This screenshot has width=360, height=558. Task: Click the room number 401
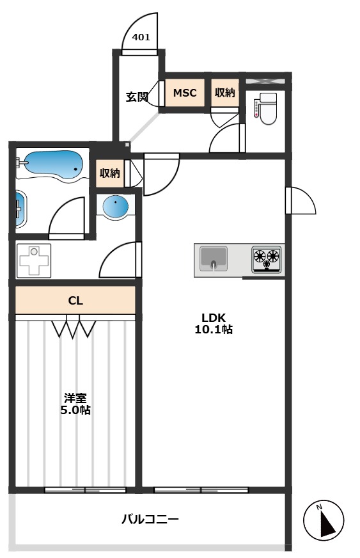[141, 37]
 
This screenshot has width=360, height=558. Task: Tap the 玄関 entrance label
[136, 97]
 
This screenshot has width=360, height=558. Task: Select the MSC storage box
[185, 93]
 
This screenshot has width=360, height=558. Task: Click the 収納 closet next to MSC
[225, 93]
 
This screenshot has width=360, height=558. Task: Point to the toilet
[266, 108]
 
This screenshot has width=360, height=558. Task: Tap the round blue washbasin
[116, 207]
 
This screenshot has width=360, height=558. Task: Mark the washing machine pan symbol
[32, 261]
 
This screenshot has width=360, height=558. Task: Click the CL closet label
[75, 300]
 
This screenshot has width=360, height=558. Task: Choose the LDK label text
[214, 318]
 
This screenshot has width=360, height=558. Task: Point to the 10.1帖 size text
[214, 330]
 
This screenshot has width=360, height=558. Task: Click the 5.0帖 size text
[75, 410]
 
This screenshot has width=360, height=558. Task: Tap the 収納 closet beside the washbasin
[110, 173]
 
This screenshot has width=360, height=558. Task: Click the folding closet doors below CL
[74, 328]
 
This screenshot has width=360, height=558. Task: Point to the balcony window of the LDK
[200, 490]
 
